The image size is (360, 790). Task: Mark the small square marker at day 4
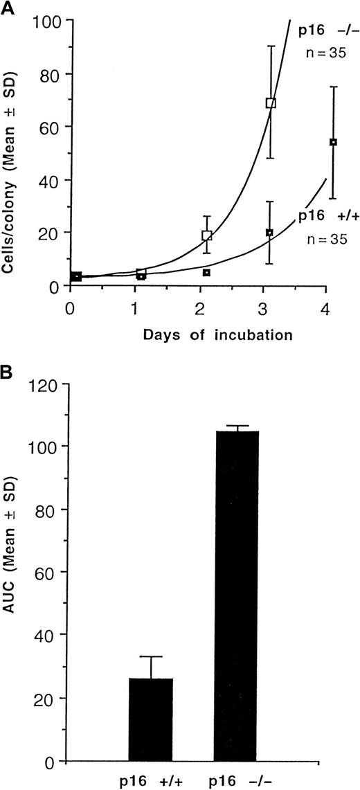point(333,142)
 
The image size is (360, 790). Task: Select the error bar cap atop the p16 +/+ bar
point(150,656)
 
